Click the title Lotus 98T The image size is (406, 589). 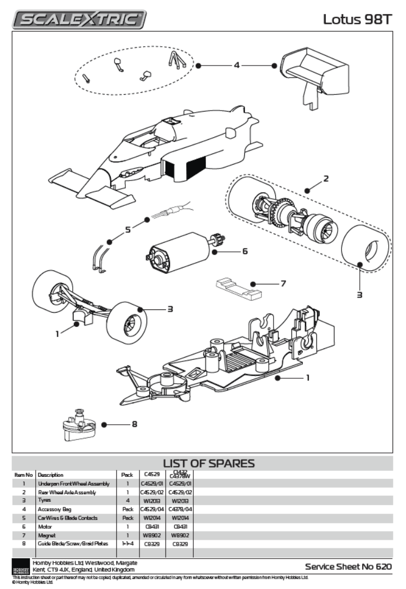coord(357,20)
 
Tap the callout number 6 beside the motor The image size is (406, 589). coord(245,251)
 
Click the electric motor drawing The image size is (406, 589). coord(179,251)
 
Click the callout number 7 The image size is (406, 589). coord(283,283)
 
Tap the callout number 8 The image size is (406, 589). coord(134,424)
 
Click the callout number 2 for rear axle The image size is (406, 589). coord(326,178)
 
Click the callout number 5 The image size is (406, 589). coord(128,230)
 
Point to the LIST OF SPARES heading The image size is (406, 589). coord(208,463)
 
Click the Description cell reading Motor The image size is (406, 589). coord(45,526)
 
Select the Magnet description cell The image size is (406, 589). coord(47,534)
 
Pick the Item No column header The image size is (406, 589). coord(23,475)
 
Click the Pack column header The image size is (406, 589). coord(127,475)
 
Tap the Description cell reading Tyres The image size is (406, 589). coord(45,501)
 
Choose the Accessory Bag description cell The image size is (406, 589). coord(53,509)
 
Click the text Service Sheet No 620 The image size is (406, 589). coord(348,567)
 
